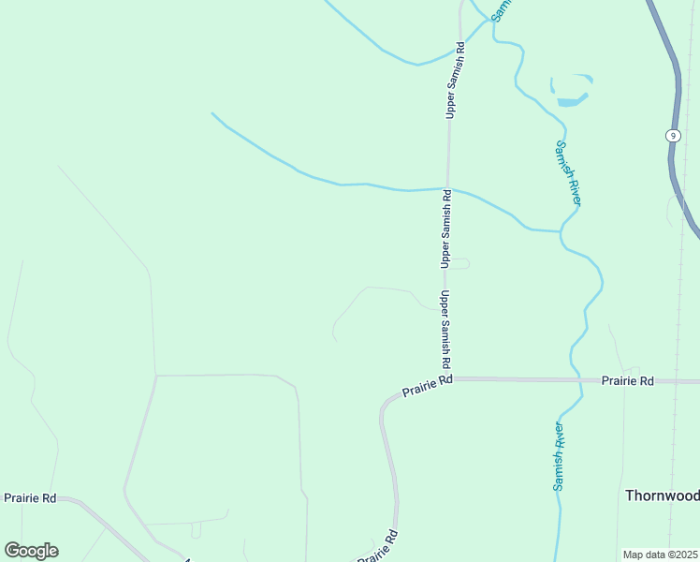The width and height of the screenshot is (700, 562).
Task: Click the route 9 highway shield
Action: [672, 136]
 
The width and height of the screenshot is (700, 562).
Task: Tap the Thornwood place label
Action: [662, 495]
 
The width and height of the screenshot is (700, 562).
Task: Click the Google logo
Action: [31, 551]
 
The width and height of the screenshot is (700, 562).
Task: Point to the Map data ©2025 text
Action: [659, 555]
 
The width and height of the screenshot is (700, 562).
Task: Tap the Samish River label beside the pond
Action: [569, 173]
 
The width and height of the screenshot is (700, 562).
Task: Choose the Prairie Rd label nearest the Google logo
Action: [30, 498]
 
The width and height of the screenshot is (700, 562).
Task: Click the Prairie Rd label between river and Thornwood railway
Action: [628, 381]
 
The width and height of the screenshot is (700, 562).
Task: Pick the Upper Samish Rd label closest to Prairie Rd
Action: [445, 329]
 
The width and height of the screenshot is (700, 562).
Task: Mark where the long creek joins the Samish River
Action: [560, 230]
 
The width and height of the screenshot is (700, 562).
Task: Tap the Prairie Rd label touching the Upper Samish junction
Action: [428, 385]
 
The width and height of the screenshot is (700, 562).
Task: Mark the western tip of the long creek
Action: [212, 113]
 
